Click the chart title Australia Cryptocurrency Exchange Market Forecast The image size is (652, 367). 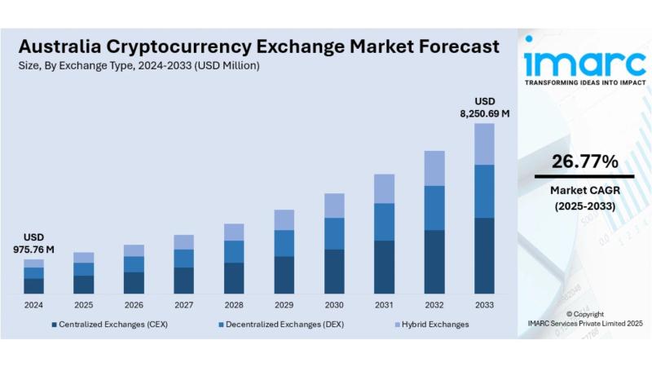click(258, 46)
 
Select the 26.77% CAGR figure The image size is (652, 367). click(584, 161)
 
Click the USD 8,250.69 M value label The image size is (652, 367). click(484, 108)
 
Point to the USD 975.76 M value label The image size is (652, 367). click(33, 243)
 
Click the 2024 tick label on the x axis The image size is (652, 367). click(33, 305)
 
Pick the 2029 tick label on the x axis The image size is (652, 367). click(284, 305)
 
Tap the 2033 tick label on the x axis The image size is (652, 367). click(484, 305)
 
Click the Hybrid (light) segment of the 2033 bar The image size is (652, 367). click(484, 144)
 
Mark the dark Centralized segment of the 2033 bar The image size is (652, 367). click(484, 255)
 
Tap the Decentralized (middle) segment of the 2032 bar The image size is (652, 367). click(434, 207)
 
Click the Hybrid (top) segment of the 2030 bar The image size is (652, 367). click(334, 206)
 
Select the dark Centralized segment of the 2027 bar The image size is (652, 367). click(184, 280)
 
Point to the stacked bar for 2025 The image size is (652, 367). click(84, 272)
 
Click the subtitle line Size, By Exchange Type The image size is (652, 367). click(139, 65)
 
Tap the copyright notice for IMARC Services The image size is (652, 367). click(584, 319)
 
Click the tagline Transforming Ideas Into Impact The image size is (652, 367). click(584, 82)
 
